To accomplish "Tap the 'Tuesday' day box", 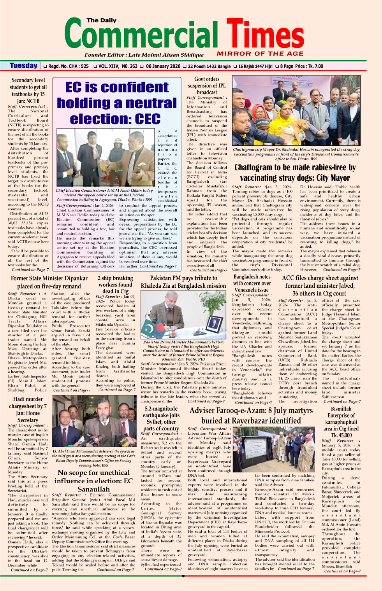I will tap(24, 66).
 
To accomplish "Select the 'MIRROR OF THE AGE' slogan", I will tap(260, 54).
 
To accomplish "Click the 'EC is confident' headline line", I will tap(117, 87).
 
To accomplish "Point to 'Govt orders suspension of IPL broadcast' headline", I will tap(207, 86).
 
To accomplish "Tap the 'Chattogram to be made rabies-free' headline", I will tap(295, 173).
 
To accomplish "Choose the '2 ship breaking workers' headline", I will tap(115, 285).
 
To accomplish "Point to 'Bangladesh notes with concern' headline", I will tap(252, 283).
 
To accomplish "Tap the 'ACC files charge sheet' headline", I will tap(320, 285).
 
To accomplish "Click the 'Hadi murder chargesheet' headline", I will tap(28, 409).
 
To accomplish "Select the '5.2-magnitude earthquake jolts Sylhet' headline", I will tap(161, 418).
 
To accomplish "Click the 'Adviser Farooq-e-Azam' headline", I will tap(251, 416).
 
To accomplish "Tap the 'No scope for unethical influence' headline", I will tap(93, 481).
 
